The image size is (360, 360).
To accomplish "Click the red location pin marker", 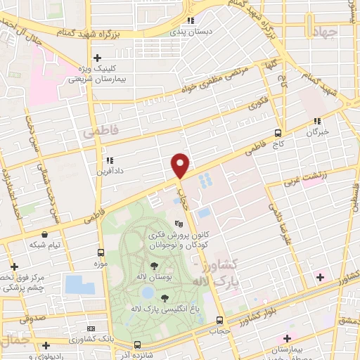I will coord(181,165).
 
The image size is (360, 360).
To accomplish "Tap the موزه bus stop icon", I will coord(103,252).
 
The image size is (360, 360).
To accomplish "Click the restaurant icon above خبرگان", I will coord(317,120).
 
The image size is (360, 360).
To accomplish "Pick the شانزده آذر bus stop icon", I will coord(137,345).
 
